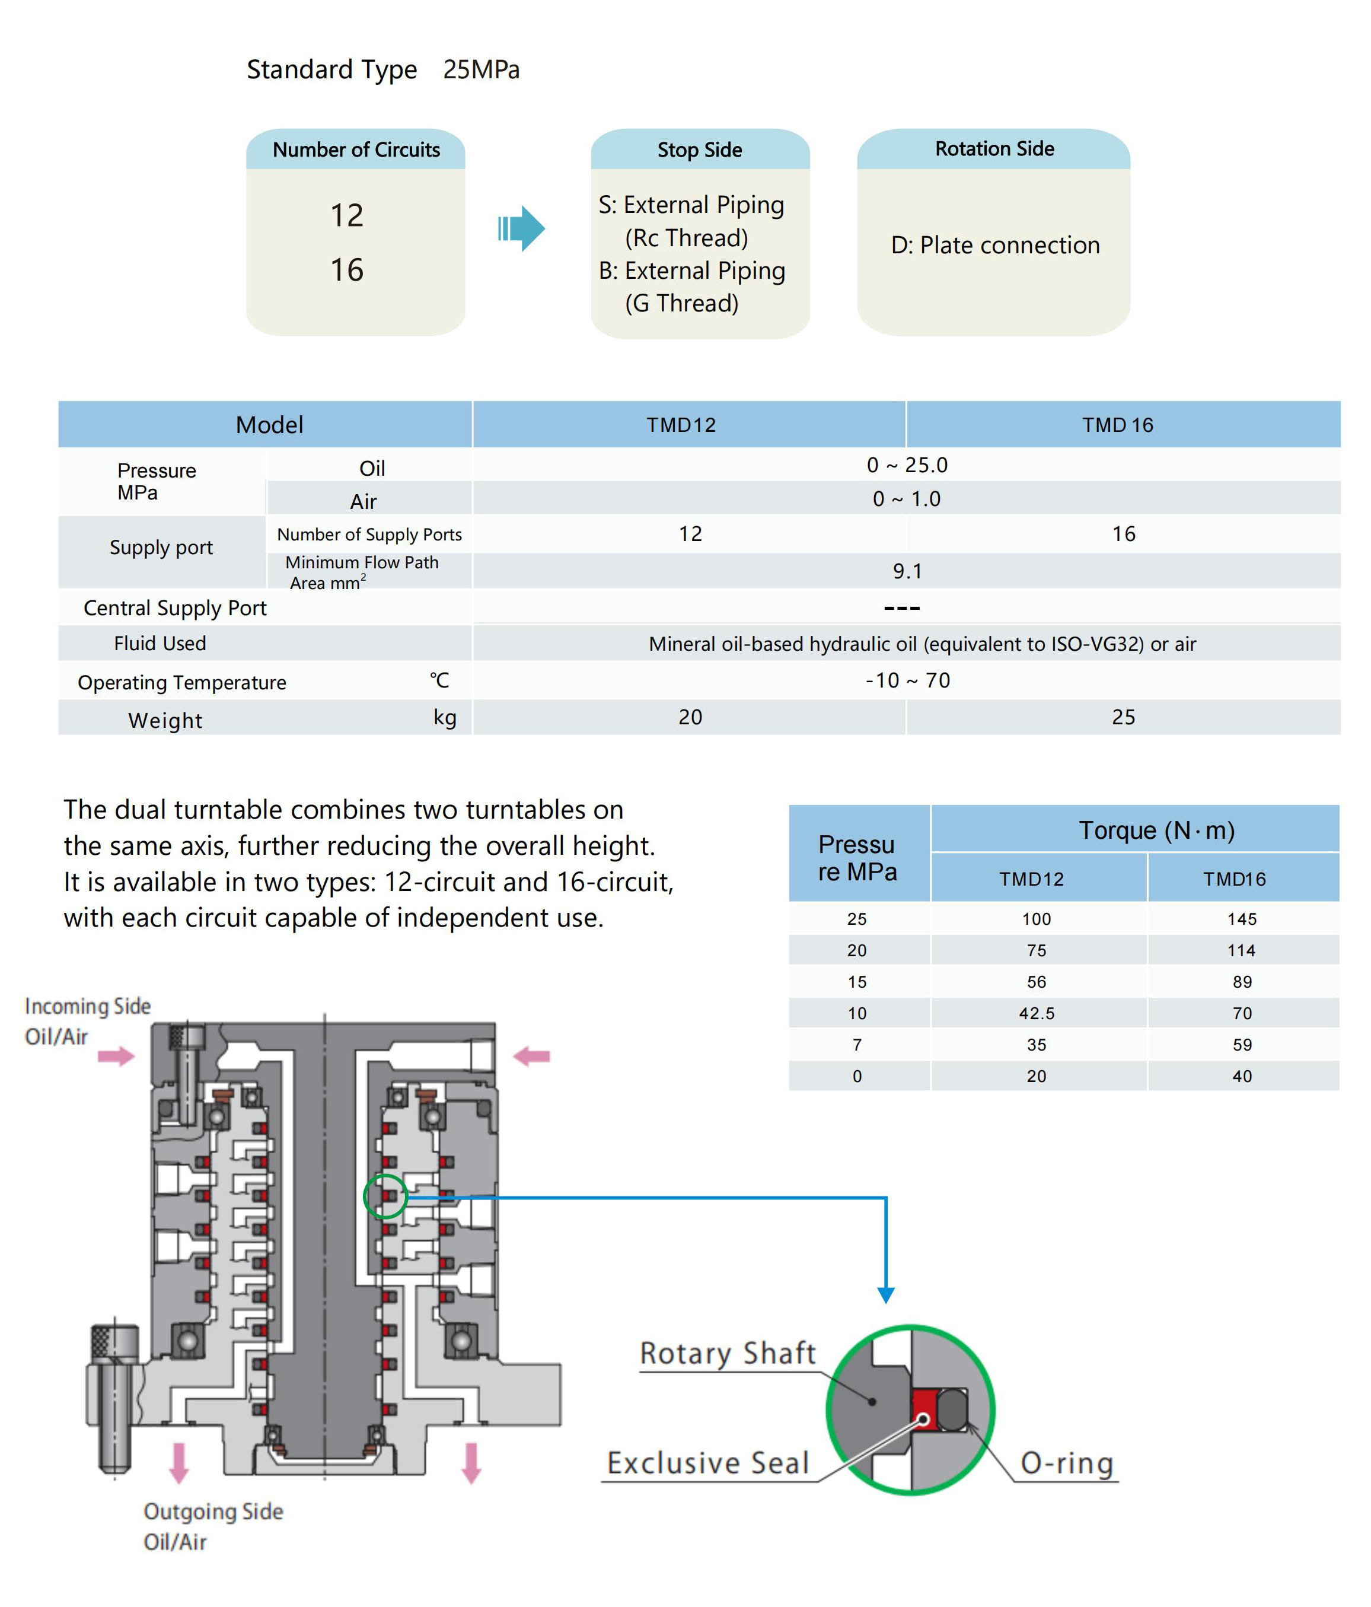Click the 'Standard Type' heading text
332,70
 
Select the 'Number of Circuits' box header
356,149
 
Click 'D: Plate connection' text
995,245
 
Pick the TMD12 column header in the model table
681,425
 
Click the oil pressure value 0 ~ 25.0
907,464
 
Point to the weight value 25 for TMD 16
1124,717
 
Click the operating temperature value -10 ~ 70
907,680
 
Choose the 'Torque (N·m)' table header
1157,830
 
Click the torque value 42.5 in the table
1037,1013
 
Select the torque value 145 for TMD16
1242,919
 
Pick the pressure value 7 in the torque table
857,1045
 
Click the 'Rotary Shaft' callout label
728,1353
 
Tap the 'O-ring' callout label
1067,1463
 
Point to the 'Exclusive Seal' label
708,1463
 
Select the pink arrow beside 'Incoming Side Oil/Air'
116,1055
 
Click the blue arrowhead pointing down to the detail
885,1295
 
